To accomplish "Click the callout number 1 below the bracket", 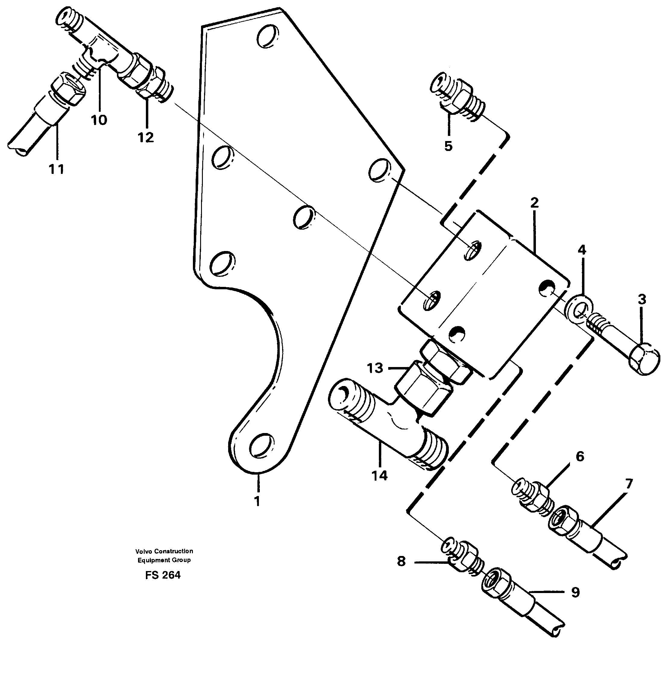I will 257,501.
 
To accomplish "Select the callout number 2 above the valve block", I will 534,202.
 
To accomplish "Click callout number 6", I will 580,456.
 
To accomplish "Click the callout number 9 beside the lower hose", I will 575,592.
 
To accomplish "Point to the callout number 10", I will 99,120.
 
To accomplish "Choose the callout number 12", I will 146,137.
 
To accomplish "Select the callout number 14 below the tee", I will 380,476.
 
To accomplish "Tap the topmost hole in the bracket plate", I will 268,36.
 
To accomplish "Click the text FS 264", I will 163,575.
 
